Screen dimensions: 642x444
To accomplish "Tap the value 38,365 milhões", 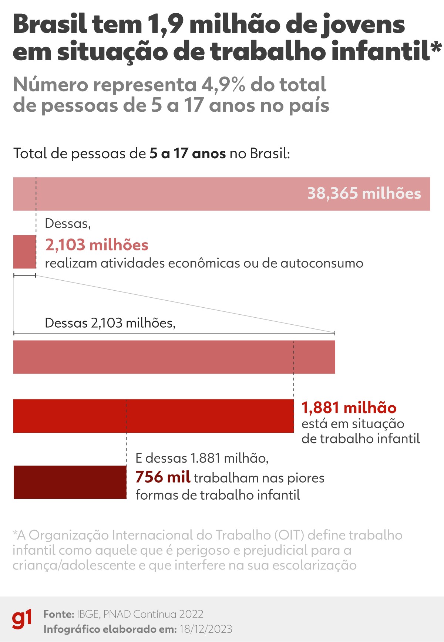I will [364, 193].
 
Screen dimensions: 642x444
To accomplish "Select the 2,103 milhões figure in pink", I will [97, 245].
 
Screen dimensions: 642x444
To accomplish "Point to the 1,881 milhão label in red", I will [349, 408].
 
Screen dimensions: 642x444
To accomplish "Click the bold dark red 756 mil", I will [163, 477].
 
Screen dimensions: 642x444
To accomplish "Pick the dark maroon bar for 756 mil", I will [70, 482].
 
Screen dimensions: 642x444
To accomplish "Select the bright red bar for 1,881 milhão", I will [154, 416].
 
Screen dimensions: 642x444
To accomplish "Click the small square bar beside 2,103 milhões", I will [24, 252].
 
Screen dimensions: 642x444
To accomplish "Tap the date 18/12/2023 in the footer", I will [206, 629].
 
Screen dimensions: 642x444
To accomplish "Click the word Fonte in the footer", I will [59, 614].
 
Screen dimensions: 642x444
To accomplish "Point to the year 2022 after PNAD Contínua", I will [191, 614].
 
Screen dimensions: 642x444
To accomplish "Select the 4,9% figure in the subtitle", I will [223, 85].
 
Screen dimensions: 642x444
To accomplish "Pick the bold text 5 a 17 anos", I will [188, 153].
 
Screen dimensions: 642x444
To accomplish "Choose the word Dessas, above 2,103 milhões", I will [68, 223].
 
